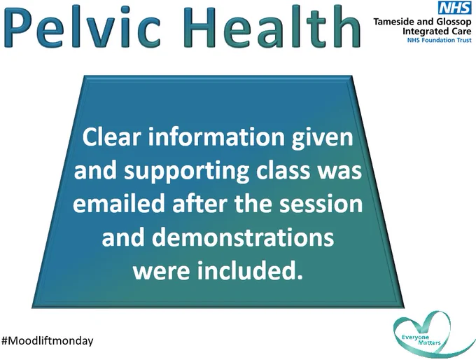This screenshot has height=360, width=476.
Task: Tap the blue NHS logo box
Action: pos(454,8)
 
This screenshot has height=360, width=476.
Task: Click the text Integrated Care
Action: pos(437,32)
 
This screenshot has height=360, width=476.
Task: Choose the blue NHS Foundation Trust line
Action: pos(440,40)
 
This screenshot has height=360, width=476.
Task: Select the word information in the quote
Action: pos(216,137)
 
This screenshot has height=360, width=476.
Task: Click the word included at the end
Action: pos(250,270)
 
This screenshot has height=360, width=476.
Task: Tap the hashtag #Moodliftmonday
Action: pos(48,340)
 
